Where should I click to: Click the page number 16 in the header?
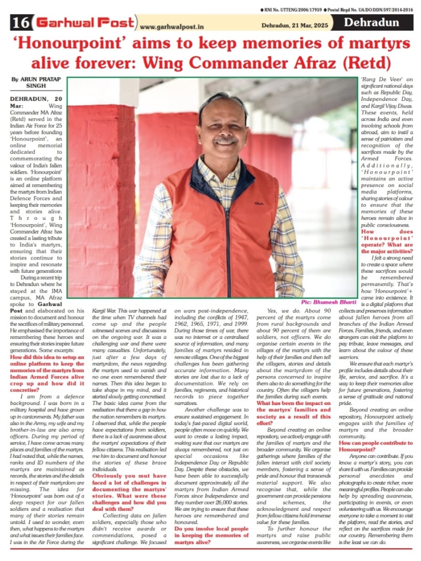point(21,22)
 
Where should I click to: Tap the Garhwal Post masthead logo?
point(86,22)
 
